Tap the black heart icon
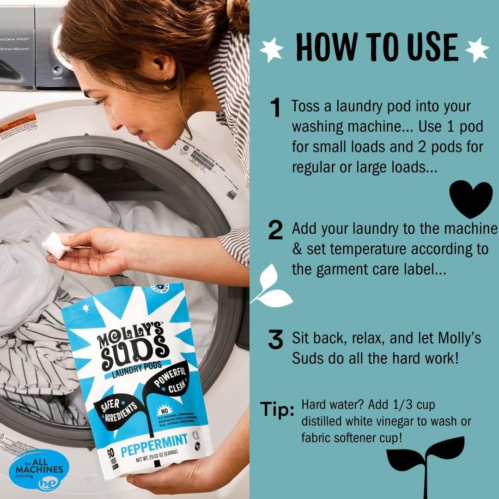471,199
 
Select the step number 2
275,231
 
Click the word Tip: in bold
277,409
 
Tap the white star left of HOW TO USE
271,49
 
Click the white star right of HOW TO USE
476,49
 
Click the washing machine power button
58,71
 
